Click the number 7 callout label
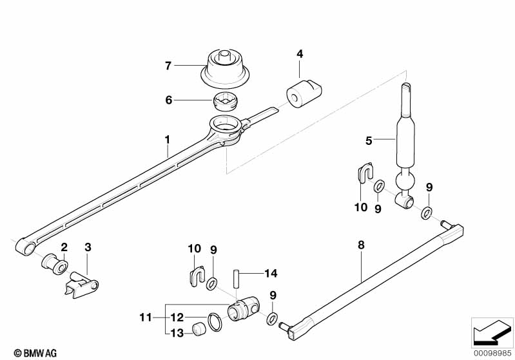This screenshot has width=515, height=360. click(x=168, y=65)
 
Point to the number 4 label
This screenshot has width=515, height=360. click(x=300, y=53)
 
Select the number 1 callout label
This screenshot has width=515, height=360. click(x=168, y=138)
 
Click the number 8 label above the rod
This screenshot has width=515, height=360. click(x=361, y=245)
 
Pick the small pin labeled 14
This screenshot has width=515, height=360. click(x=237, y=274)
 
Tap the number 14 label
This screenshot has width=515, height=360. click(x=269, y=274)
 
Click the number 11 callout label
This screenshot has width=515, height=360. click(x=145, y=317)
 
